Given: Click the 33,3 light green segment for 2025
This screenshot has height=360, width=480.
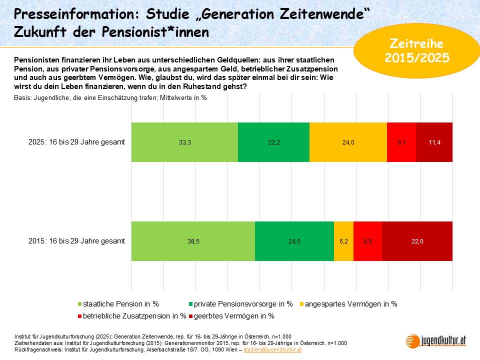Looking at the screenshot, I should [184, 142].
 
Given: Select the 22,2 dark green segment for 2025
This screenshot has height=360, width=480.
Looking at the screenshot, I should [273, 142].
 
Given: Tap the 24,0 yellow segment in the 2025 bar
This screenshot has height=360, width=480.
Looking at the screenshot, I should [348, 142].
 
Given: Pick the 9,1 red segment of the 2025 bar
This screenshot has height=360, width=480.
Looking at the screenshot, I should [401, 142].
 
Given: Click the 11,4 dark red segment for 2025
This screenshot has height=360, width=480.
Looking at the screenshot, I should [434, 142].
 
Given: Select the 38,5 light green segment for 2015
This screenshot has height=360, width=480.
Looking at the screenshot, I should [193, 241].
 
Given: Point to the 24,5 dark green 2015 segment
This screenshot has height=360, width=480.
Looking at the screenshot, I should [294, 241].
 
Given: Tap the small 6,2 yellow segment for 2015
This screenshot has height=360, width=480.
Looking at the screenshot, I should [343, 241].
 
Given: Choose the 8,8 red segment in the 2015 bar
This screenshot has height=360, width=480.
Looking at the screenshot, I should [367, 241].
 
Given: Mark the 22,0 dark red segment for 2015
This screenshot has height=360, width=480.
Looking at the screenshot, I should [417, 241].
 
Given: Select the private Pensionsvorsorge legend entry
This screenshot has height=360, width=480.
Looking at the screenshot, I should [239, 303].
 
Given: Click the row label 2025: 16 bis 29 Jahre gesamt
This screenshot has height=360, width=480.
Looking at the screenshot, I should [76, 142].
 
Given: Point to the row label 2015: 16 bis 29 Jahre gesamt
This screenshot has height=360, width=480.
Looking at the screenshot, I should [76, 241].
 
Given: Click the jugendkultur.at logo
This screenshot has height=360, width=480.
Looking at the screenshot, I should [436, 340].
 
